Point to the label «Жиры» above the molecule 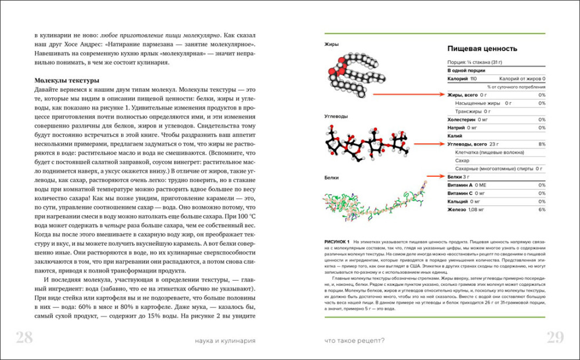332,44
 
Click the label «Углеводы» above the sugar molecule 336,117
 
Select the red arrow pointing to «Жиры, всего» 408,94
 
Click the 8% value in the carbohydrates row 542,144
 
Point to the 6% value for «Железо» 542,209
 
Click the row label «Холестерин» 462,119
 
